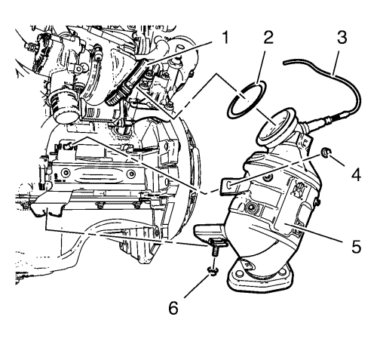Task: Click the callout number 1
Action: (x=225, y=38)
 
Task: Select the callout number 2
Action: (x=268, y=38)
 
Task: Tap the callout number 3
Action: (x=342, y=38)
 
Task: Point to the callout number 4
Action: (x=356, y=174)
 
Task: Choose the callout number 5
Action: (x=356, y=245)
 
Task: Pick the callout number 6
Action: (x=173, y=307)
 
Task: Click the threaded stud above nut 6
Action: (x=213, y=251)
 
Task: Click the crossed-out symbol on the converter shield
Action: (x=299, y=188)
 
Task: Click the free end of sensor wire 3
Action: (x=284, y=63)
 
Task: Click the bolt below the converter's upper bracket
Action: (x=251, y=207)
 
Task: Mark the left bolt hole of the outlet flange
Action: (x=238, y=273)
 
